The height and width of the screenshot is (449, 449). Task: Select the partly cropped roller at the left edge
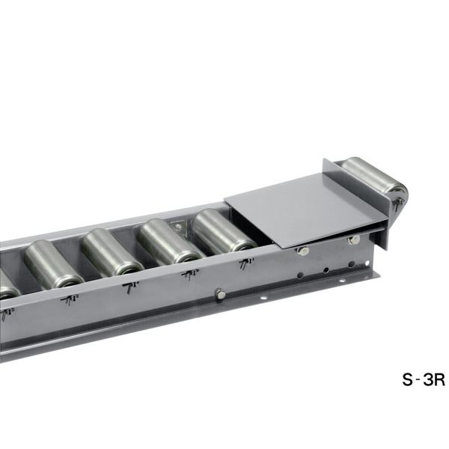pos(8,284)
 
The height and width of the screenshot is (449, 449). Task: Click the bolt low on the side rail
pos(219,294)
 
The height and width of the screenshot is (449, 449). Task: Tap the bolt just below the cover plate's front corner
pos(302,251)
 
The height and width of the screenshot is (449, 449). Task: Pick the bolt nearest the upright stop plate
pos(354,239)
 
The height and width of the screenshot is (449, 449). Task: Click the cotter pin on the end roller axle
pos(398,204)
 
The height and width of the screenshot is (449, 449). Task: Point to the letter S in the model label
pos(408,379)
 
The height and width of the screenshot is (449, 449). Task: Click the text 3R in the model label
pos(434,379)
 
